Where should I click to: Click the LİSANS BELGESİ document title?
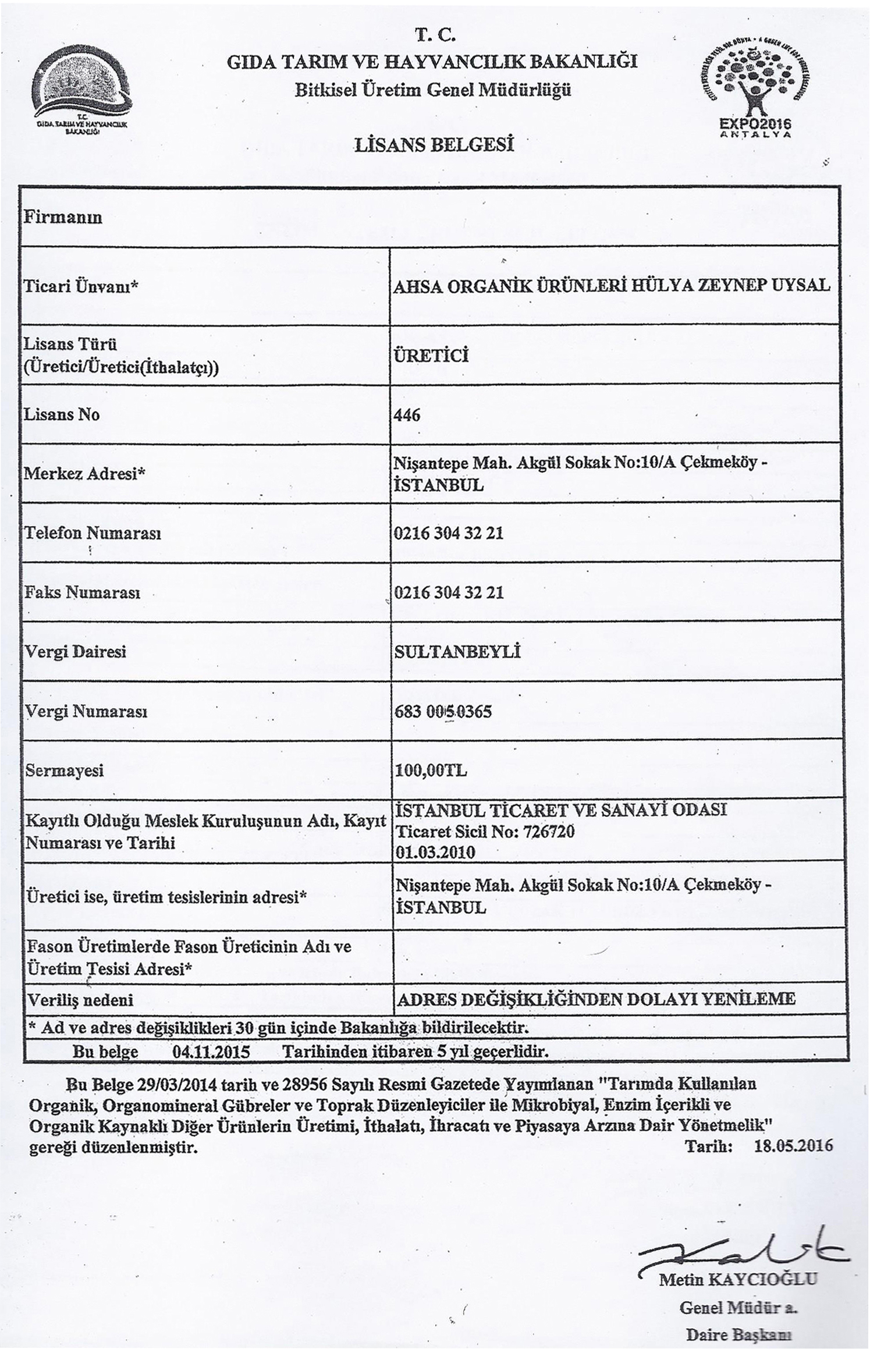(x=434, y=144)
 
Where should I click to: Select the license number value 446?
(x=407, y=415)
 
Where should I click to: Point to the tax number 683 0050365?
(x=443, y=711)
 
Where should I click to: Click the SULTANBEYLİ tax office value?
(x=457, y=652)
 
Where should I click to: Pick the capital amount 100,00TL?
(x=431, y=771)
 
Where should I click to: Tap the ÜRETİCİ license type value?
(x=431, y=356)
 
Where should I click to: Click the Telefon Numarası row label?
(x=92, y=533)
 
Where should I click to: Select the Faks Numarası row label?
(x=82, y=593)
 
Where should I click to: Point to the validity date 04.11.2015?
(x=211, y=1052)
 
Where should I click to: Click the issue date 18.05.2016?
(x=793, y=1145)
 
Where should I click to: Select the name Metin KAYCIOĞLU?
(x=738, y=1280)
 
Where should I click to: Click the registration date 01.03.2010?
(x=435, y=853)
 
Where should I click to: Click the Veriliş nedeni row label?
(x=81, y=1000)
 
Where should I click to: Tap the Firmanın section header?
(x=62, y=217)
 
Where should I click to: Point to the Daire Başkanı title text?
(x=740, y=1333)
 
